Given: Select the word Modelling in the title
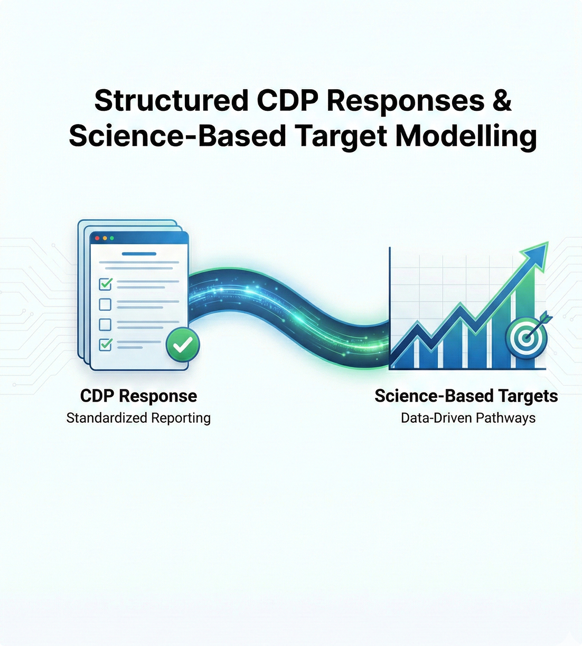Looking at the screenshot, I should (466, 136).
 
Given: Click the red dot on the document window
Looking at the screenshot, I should (97, 239).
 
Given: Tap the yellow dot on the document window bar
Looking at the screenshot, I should (105, 239).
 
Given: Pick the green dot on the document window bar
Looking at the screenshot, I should (112, 239).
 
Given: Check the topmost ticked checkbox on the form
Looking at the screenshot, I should (106, 284).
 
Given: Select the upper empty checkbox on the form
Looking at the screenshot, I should (106, 304).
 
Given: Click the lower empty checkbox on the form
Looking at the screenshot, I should (106, 324).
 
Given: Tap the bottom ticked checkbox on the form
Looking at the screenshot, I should (106, 344).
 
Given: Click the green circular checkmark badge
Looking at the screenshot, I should (183, 345).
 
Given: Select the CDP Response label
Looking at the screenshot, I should (138, 396).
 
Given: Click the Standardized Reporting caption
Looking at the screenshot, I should (138, 418).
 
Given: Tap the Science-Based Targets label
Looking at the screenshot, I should (466, 396).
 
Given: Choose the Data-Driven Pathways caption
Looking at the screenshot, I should (468, 418).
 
